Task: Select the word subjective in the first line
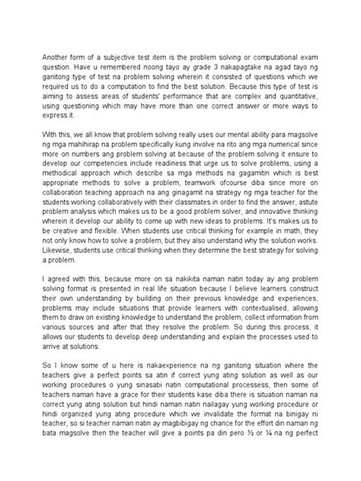(x=123, y=58)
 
